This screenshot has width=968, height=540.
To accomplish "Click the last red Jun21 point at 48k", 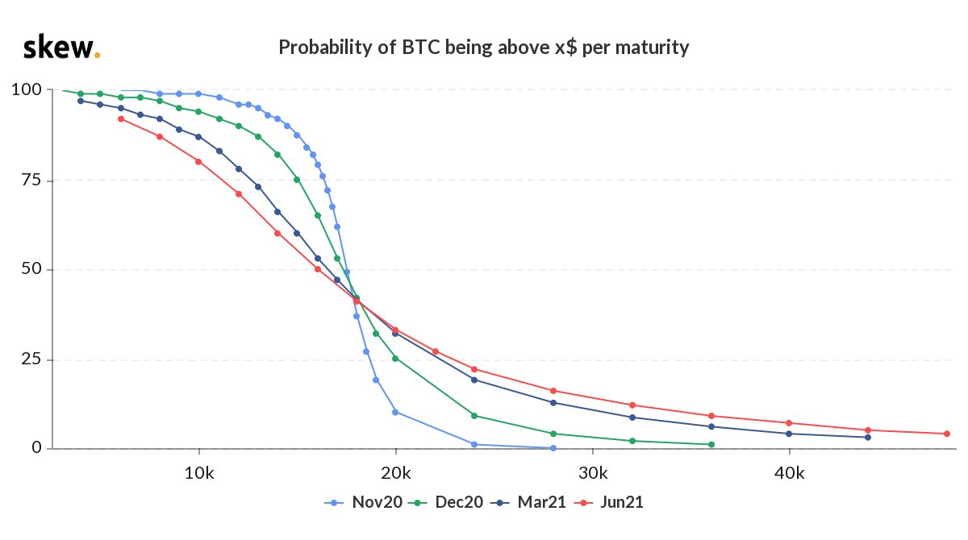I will tap(946, 434).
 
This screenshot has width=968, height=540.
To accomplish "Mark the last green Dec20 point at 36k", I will tap(711, 444).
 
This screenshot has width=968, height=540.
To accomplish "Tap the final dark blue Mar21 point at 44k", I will tap(868, 437).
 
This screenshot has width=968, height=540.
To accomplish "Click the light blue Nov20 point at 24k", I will tap(474, 444).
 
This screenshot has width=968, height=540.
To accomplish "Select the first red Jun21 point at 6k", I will tap(120, 118).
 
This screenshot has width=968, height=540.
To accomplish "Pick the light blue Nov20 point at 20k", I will tap(395, 412).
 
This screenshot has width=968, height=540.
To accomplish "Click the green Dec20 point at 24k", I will tap(474, 415).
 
